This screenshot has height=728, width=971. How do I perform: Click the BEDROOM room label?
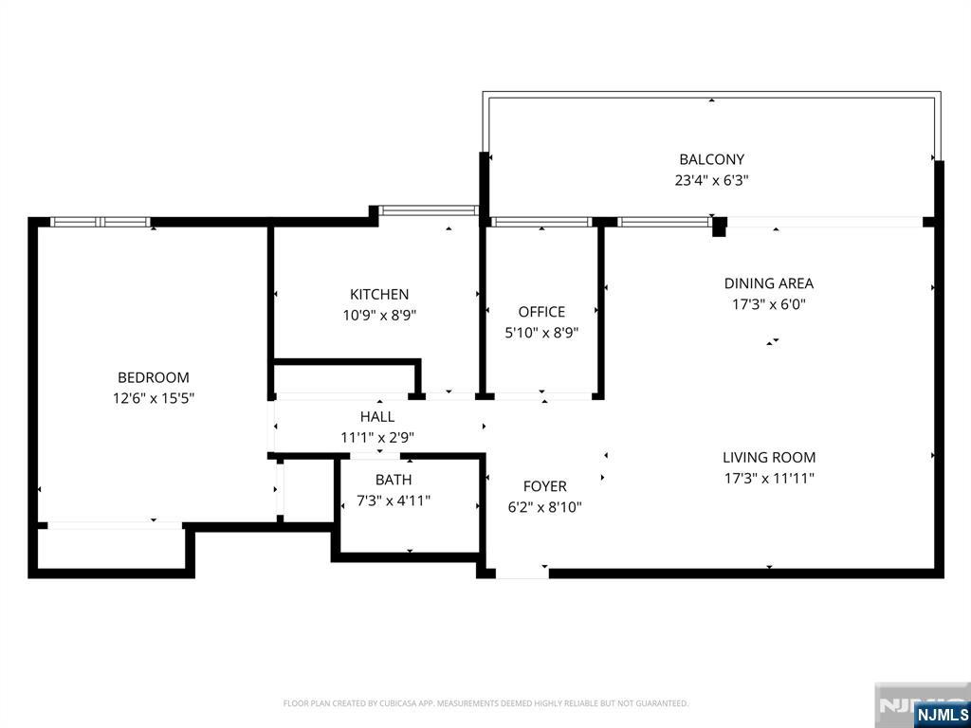pos(153,377)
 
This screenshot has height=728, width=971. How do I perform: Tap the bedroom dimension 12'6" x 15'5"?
pos(153,399)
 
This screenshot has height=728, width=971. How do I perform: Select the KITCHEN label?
pos(379,295)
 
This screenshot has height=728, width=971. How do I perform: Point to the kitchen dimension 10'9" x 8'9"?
pos(379,316)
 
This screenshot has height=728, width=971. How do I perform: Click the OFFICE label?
pos(541,312)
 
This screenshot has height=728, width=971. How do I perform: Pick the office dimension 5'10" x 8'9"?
pos(541,333)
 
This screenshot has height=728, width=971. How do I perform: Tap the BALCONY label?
pos(711,159)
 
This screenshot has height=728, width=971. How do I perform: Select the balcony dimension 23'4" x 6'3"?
pos(711,180)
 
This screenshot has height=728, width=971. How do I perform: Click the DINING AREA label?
pos(768,283)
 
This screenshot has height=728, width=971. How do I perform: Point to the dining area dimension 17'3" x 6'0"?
pos(768,304)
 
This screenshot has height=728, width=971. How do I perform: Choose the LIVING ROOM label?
pos(768,458)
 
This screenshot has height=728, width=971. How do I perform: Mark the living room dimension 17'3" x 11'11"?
pos(768,479)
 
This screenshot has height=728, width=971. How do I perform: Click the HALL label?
pos(377,417)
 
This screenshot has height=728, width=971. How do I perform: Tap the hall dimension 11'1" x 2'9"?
pos(377,438)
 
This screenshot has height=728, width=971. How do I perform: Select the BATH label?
pos(394,480)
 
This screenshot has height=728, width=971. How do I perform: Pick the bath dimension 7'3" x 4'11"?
pos(394,500)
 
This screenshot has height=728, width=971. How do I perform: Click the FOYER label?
pos(544,486)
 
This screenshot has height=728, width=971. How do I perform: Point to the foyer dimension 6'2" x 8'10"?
pos(544,507)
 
